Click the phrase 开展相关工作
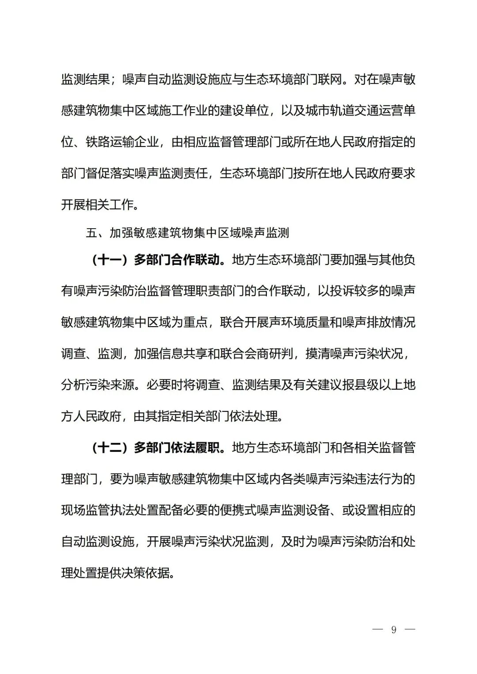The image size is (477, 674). (97, 205)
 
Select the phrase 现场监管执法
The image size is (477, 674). (98, 511)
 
